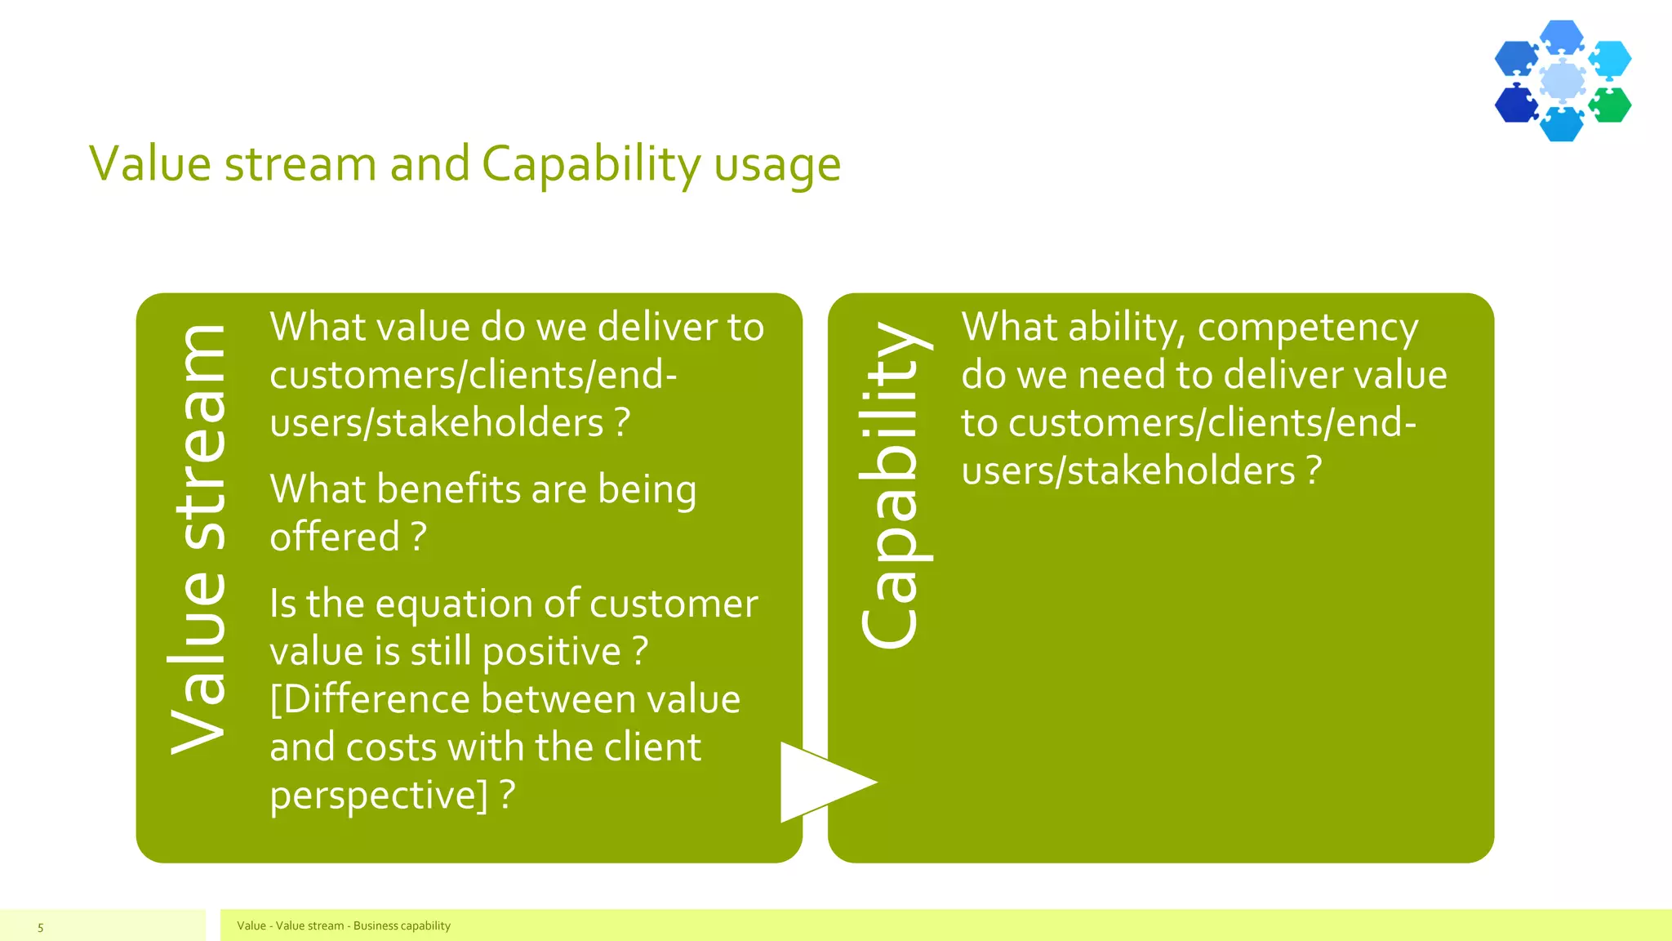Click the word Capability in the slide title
[x=591, y=164]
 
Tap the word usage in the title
[x=776, y=164]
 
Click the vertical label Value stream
[x=197, y=539]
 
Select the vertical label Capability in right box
[x=892, y=485]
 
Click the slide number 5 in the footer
[x=40, y=927]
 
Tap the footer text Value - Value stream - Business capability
[x=344, y=925]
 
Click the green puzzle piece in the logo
[x=1611, y=105]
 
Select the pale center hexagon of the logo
[x=1563, y=81]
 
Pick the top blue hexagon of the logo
[x=1563, y=37]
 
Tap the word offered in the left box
[x=335, y=537]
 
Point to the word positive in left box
[x=552, y=652]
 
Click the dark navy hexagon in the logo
[x=1515, y=105]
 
